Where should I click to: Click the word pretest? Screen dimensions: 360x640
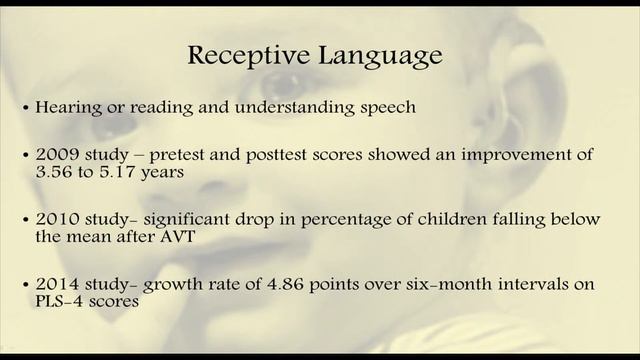coord(184,156)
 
